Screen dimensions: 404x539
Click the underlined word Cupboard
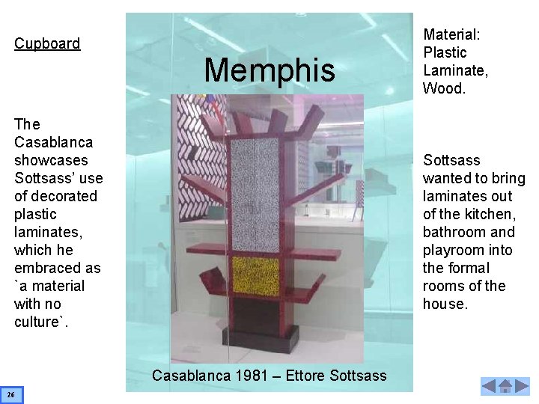tap(47, 43)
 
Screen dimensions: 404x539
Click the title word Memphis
tap(269, 70)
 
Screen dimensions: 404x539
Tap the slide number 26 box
tap(12, 394)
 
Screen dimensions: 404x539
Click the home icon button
tap(505, 387)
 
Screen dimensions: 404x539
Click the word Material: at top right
tap(451, 34)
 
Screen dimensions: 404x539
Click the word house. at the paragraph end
tap(445, 304)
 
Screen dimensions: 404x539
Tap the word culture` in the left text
tap(38, 322)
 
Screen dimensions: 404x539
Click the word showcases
tap(51, 160)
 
